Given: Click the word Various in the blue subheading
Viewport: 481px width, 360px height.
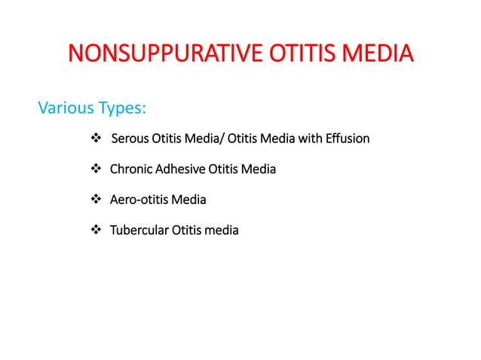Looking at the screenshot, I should coord(65,108).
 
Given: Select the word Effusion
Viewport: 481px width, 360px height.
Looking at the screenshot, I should coord(348,139).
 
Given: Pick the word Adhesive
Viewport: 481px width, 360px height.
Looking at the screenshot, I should coord(182,169).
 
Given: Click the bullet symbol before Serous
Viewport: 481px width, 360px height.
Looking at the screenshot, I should coord(95,139).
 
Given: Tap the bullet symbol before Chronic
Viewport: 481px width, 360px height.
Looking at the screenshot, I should coord(95,169).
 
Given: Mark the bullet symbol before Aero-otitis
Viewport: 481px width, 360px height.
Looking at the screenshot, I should coord(95,200).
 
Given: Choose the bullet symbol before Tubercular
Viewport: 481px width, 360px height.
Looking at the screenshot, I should coord(95,230).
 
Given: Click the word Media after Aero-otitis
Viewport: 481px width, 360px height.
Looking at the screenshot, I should coord(188,200).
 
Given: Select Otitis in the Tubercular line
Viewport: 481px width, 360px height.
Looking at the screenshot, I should coord(186,230).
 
